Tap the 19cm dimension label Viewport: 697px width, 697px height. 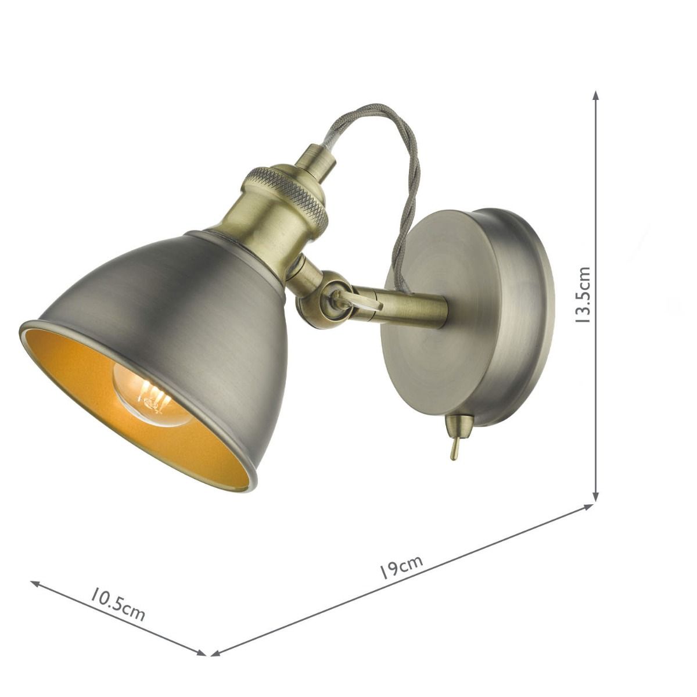click(x=401, y=567)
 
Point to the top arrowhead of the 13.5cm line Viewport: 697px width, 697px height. click(x=595, y=94)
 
